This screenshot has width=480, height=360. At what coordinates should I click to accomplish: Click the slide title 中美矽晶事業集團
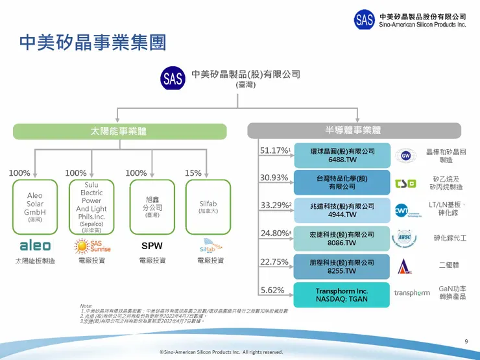[x=92, y=43]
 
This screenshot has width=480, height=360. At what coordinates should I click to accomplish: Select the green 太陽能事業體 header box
[x=117, y=130]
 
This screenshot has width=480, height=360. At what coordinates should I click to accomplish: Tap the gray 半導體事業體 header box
[x=353, y=130]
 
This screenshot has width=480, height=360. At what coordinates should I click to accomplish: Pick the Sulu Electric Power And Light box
[x=91, y=206]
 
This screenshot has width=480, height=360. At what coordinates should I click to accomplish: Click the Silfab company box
[x=208, y=206]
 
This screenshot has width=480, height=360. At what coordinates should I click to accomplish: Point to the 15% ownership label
[x=193, y=173]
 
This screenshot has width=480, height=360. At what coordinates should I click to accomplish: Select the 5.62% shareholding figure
[x=272, y=289]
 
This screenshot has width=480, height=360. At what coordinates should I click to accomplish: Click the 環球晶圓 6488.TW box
[x=342, y=155]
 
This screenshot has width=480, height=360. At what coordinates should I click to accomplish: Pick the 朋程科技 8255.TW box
[x=342, y=267]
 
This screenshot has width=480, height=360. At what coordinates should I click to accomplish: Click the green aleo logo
[x=34, y=246]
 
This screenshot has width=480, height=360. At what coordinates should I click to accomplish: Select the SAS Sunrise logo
[x=91, y=246]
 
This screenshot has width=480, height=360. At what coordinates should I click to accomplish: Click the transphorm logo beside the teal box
[x=412, y=293]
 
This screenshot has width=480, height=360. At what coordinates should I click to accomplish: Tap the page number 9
[x=466, y=342]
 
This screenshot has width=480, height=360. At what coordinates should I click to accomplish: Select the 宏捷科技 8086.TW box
[x=342, y=239]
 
